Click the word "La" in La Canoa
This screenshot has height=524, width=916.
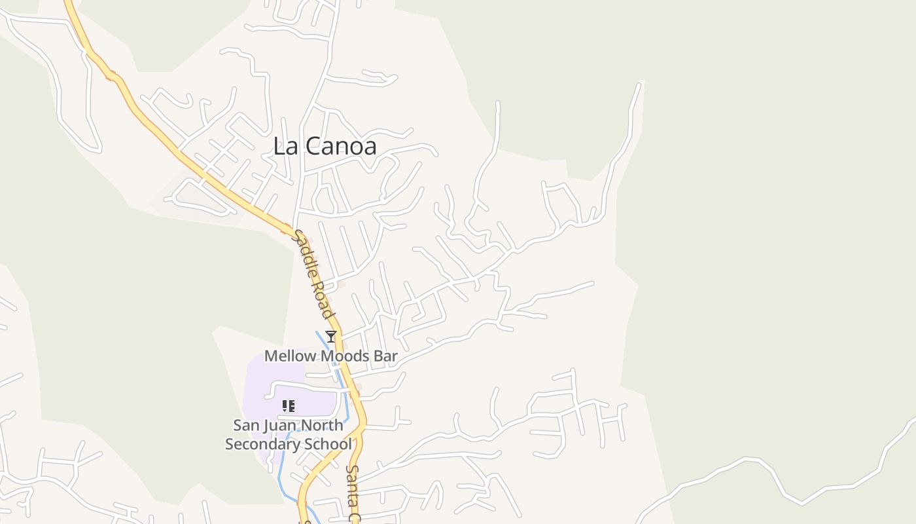[x=283, y=146]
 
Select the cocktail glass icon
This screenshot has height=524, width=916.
[x=331, y=337]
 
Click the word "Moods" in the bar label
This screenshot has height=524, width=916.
[x=344, y=356]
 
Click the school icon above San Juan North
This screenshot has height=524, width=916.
[x=288, y=406]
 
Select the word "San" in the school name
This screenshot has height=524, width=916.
[x=246, y=425]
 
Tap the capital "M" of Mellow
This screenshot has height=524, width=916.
[x=270, y=356]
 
